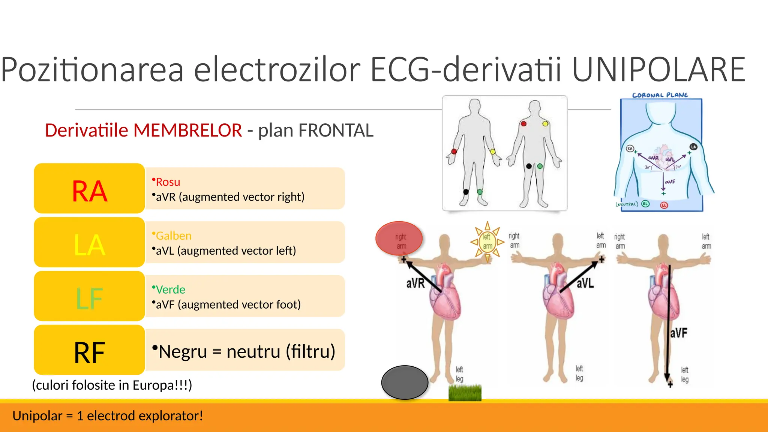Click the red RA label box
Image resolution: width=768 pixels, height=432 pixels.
(x=89, y=189)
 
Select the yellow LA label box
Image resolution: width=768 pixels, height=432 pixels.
(x=89, y=243)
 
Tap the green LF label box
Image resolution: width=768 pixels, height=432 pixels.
(x=89, y=297)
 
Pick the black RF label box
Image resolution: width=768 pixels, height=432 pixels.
(x=89, y=351)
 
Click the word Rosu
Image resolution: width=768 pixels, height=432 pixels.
(x=168, y=182)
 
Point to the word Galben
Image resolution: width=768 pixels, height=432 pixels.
(x=173, y=236)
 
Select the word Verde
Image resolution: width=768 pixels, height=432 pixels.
(x=170, y=289)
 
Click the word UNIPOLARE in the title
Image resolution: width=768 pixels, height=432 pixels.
(x=658, y=70)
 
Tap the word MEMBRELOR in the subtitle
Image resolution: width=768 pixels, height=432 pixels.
(x=187, y=130)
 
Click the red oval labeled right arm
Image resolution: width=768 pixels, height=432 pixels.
(x=399, y=238)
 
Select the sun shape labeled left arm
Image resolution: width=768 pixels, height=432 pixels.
(x=487, y=241)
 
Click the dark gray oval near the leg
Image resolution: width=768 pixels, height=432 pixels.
(x=405, y=382)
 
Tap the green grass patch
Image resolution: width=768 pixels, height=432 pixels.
(x=465, y=393)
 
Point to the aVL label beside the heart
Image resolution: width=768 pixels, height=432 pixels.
(x=585, y=283)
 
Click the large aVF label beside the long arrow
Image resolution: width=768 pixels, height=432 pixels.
(x=679, y=333)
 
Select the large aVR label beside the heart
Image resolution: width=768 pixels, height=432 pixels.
(x=415, y=283)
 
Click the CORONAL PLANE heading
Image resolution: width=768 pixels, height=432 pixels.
(x=660, y=95)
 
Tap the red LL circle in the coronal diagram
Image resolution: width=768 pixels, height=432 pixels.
(x=664, y=205)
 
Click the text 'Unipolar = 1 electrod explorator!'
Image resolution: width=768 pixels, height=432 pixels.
(x=108, y=416)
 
